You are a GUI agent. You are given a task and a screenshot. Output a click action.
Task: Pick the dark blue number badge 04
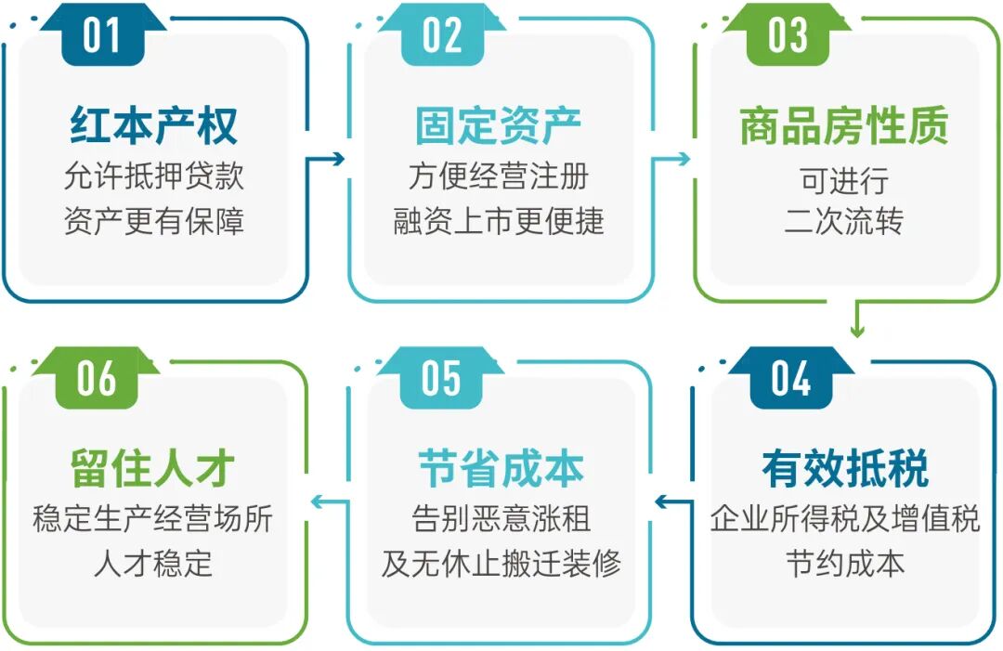coord(790,377)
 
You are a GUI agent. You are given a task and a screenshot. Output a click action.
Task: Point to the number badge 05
coord(441,377)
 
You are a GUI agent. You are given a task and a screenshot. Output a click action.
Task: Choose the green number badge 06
coord(96,377)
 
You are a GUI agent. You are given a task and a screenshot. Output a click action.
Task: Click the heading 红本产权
coord(153,125)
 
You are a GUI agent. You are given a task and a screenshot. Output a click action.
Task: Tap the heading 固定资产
coord(499,125)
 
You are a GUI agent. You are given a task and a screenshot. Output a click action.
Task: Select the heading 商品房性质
coord(843,126)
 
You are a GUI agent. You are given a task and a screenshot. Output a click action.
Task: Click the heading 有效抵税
coord(845,469)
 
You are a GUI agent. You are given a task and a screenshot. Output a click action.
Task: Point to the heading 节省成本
coord(501,469)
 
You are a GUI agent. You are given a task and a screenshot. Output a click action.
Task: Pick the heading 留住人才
coord(153,469)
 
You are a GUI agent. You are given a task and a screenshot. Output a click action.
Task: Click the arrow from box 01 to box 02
coord(326,159)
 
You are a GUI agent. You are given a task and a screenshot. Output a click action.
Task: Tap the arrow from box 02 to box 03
coord(671,159)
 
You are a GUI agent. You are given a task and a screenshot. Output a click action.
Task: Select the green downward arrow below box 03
coord(857,319)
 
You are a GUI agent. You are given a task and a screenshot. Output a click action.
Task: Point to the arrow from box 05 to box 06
coord(330,501)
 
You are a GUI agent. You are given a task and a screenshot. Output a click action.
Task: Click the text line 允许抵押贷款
coord(153,176)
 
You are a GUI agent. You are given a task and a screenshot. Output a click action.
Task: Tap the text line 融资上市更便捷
coord(499,221)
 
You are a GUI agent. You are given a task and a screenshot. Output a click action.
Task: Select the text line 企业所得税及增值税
coord(845,518)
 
